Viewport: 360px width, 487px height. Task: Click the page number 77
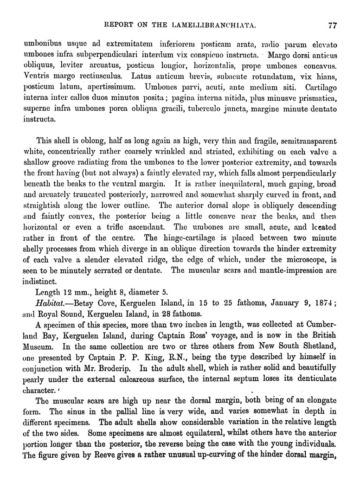332,26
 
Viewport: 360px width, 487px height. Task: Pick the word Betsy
79,303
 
